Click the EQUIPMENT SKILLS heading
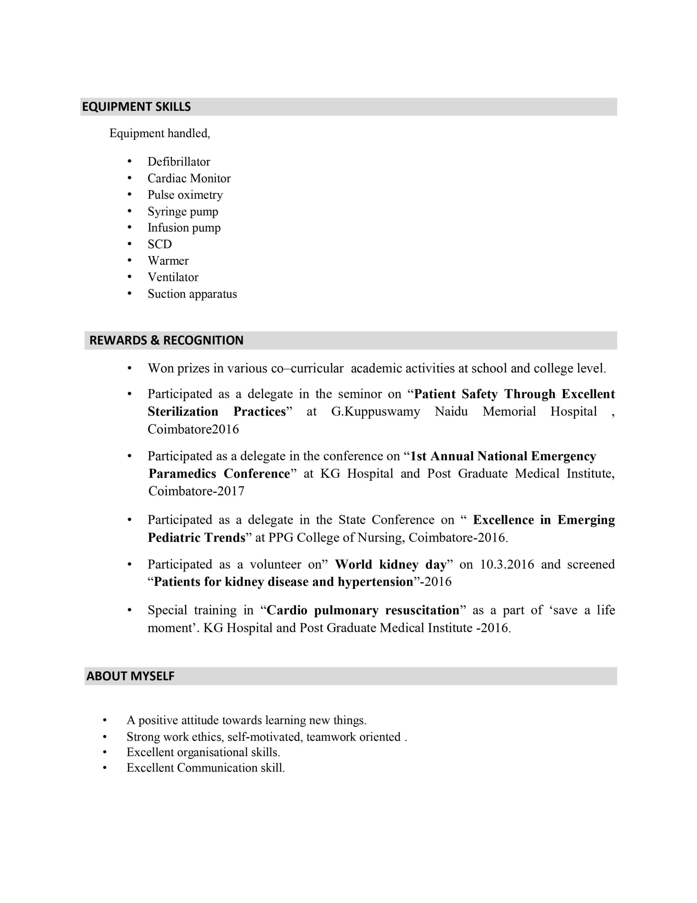[x=136, y=107]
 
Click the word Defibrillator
[x=179, y=162]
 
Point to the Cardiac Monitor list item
[x=189, y=178]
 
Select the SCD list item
[x=160, y=244]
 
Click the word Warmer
[x=168, y=261]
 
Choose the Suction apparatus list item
[x=192, y=294]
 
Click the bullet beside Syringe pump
[x=129, y=211]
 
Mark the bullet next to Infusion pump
[x=129, y=228]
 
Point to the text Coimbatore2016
[x=193, y=429]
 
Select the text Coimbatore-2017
[x=196, y=491]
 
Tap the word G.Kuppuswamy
[x=375, y=412]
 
